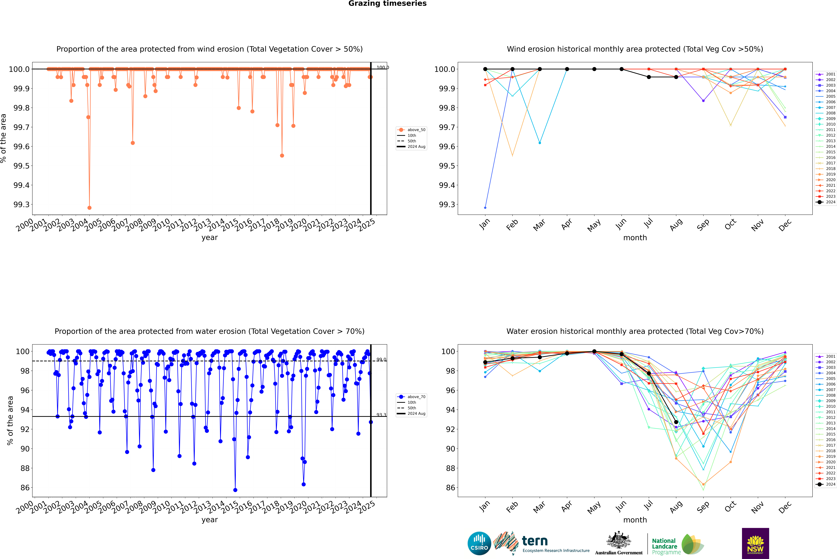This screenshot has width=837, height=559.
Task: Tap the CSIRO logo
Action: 479,543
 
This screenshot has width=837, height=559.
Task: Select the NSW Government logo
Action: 755,543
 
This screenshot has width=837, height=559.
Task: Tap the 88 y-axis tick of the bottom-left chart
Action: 25,468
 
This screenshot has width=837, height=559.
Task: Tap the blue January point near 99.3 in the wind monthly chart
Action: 485,207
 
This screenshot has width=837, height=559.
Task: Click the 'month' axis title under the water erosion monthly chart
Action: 635,520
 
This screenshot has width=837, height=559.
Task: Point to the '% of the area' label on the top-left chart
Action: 4,138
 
